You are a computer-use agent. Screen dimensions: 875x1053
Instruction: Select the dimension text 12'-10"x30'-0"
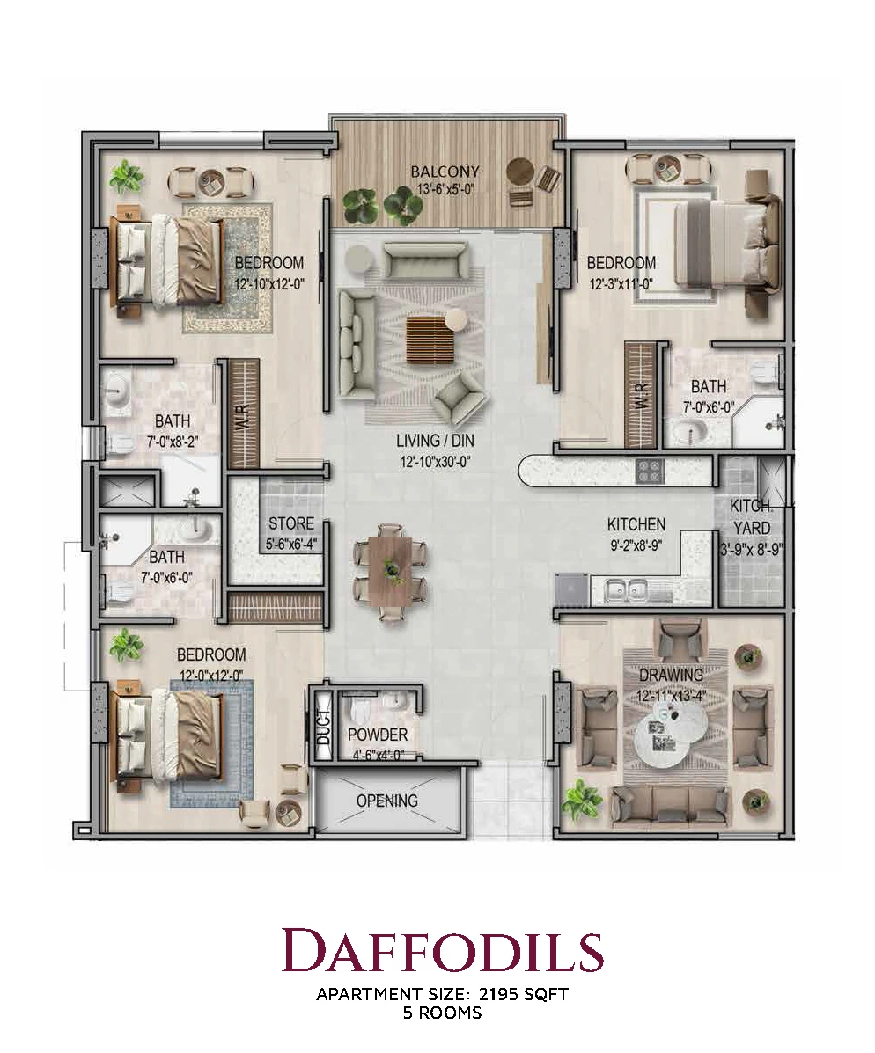(x=434, y=461)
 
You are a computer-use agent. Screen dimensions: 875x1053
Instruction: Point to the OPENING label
(x=387, y=801)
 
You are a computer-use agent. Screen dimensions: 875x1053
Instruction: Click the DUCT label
(x=324, y=727)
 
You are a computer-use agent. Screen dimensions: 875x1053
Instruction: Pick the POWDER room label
(x=378, y=735)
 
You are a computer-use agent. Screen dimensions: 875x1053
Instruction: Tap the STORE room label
(x=291, y=523)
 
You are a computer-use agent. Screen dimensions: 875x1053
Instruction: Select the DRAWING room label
(x=671, y=674)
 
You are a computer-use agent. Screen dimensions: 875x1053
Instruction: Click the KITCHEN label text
(x=636, y=523)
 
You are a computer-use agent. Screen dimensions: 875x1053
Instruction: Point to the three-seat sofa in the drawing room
(x=671, y=805)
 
